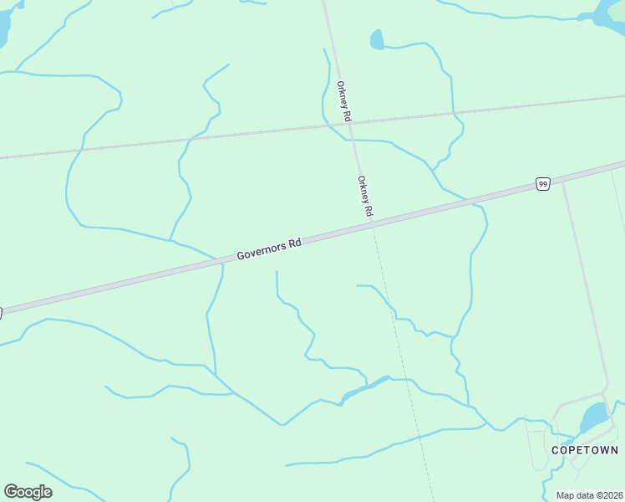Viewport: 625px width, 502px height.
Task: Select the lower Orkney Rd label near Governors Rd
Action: point(364,197)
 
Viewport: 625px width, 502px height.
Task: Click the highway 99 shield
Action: point(542,183)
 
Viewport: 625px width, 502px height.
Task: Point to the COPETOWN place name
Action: point(585,450)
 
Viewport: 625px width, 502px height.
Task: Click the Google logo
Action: point(28,491)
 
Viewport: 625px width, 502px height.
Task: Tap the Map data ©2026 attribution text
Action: point(589,495)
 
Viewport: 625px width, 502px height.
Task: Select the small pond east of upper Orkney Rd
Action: point(377,39)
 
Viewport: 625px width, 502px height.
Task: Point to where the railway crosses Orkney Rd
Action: point(350,125)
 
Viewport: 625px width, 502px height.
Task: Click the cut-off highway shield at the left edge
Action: point(2,312)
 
